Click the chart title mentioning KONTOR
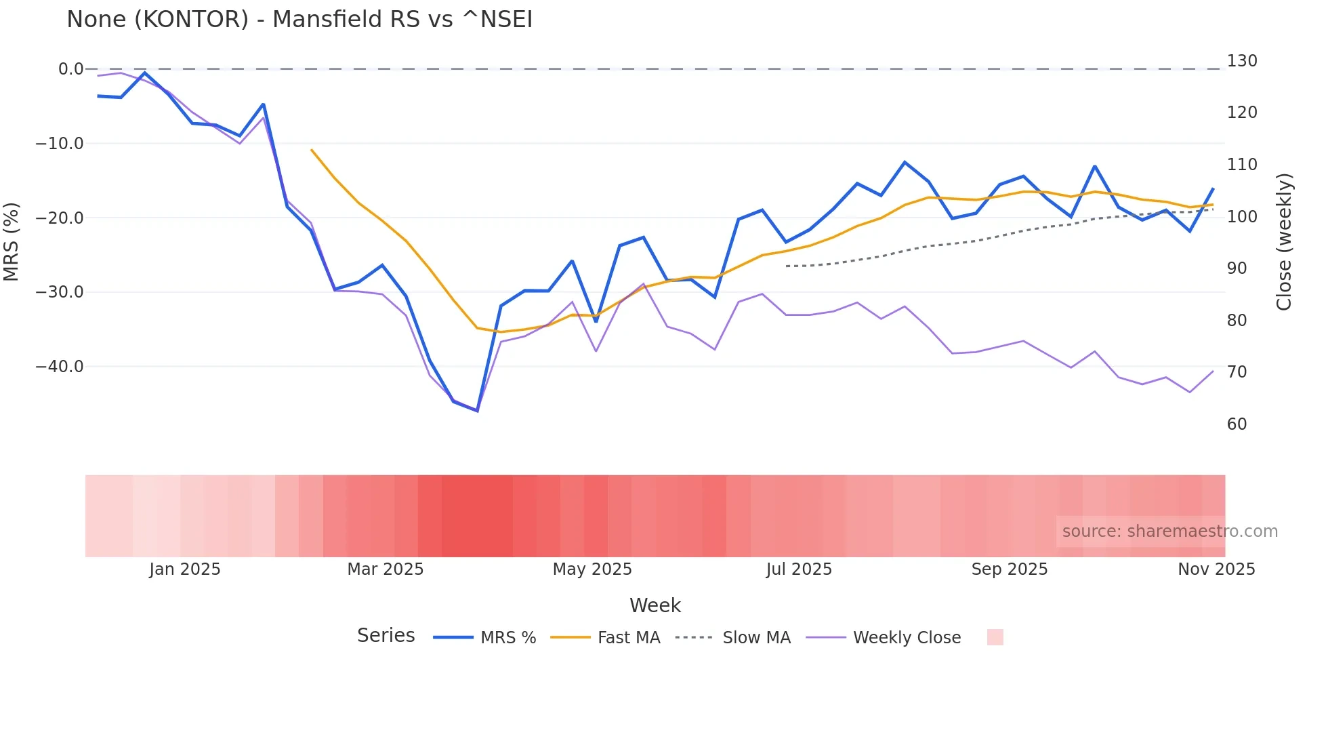point(299,20)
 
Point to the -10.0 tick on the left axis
point(60,144)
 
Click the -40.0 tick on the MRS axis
point(60,367)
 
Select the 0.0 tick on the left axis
point(70,69)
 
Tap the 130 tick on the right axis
point(1241,61)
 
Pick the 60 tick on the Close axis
point(1237,424)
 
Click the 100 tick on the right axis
point(1241,217)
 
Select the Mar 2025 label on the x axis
point(385,569)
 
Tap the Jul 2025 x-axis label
point(799,569)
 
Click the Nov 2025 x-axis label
point(1216,569)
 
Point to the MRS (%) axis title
point(12,241)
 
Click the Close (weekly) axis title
point(1284,241)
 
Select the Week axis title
point(655,605)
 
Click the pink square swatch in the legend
point(995,637)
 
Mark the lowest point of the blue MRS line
point(477,411)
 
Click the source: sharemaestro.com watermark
point(1169,531)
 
